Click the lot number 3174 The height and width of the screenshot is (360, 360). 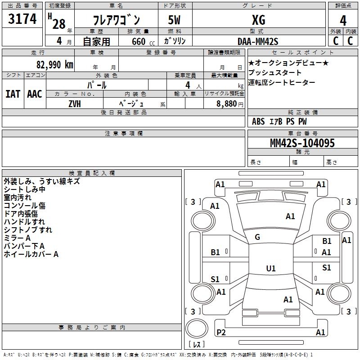22,18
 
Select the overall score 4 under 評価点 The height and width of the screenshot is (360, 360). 343,20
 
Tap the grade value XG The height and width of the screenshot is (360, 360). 258,20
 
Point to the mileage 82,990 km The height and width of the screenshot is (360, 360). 54,64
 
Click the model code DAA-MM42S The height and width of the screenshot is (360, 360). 258,41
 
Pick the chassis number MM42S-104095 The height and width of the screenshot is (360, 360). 302,143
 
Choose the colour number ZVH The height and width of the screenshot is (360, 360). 75,104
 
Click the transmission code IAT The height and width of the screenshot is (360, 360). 13,94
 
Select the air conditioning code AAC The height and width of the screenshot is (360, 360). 35,94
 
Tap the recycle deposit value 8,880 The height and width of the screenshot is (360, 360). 226,103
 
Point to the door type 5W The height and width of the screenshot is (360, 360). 174,20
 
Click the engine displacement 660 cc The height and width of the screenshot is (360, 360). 143,41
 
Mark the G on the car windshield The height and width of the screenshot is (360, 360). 257,237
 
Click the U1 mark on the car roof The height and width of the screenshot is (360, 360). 271,268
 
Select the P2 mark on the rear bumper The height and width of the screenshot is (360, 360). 221,332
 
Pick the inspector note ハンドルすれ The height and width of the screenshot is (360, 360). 24,222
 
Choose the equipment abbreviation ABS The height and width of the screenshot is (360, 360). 258,121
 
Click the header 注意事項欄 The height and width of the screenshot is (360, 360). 123,133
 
